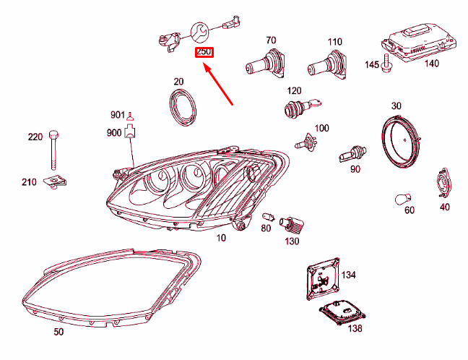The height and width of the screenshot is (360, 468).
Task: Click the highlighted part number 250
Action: point(204,53)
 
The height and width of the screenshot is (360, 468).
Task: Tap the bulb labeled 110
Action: point(329,66)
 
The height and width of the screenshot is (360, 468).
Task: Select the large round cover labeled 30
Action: point(401,142)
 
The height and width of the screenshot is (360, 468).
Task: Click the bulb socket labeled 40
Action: point(442,183)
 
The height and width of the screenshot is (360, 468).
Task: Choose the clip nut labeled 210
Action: point(52,184)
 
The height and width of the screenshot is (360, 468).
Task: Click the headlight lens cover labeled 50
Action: point(108,289)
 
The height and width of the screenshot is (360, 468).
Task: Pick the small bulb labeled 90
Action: point(348,153)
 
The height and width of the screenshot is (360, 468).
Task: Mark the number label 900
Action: point(114,132)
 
